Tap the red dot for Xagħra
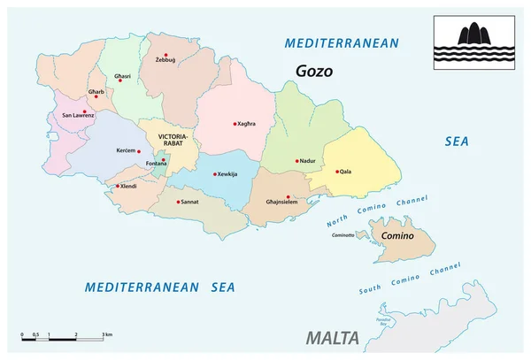(235, 124)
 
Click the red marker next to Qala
(337, 172)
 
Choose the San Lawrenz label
(77, 114)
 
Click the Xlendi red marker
(118, 186)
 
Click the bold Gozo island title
(315, 72)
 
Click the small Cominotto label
(342, 234)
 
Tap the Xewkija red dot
(215, 173)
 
